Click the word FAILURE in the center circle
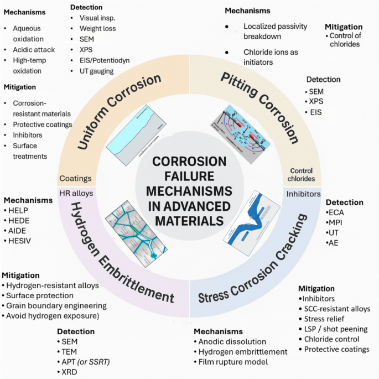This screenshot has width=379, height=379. [189, 176]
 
